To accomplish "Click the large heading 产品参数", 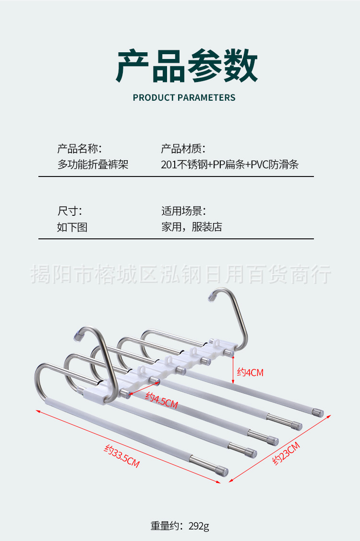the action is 187,66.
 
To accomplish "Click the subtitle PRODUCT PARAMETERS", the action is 184,98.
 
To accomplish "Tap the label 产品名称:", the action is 79,149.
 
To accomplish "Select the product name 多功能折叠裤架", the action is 93,165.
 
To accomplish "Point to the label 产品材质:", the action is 183,149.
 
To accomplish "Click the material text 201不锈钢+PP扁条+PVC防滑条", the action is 230,165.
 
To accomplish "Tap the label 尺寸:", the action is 70,211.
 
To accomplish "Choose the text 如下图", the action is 72,227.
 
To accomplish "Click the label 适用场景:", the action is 183,211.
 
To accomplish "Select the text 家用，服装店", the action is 192,227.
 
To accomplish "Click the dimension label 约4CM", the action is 250,372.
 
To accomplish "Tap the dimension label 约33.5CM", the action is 122,457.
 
